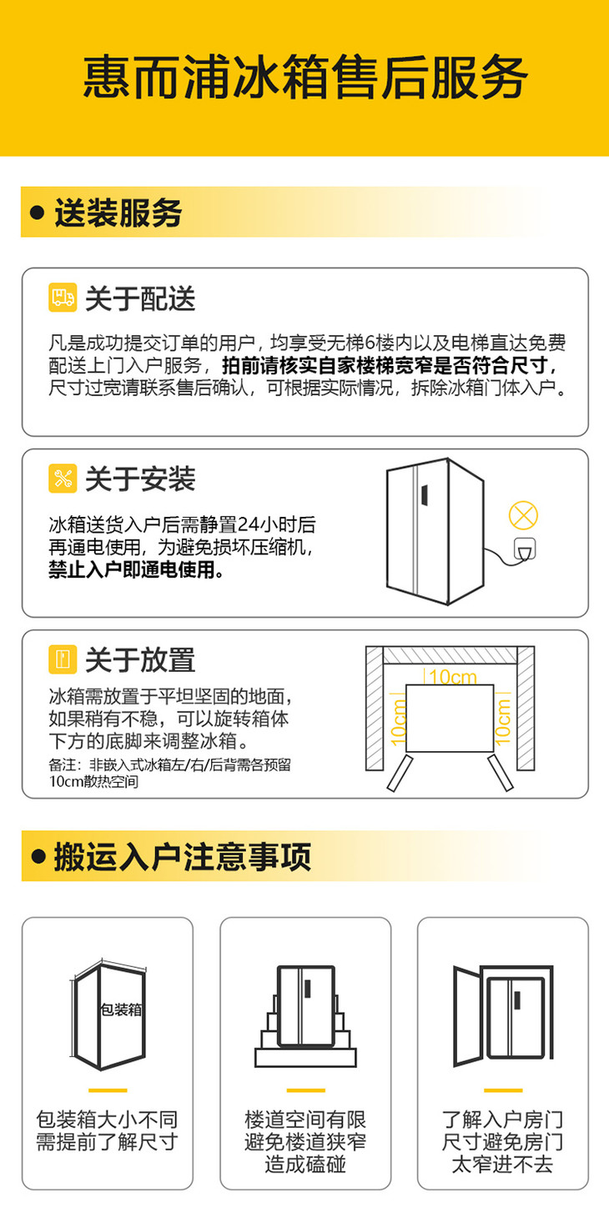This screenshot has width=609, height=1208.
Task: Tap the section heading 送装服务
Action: tap(118, 213)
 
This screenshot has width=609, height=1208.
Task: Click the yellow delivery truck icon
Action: tap(63, 297)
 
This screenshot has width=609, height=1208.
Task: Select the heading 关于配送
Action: tap(140, 298)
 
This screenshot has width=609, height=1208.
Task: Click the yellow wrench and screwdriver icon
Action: tap(63, 479)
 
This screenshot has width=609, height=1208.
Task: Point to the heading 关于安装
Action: tap(140, 479)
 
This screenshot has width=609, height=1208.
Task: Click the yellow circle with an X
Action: tap(523, 515)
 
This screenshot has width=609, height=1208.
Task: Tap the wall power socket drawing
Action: tap(524, 549)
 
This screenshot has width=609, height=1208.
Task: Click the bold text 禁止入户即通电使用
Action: tap(136, 569)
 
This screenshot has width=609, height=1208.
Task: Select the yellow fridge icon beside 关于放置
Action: tap(63, 659)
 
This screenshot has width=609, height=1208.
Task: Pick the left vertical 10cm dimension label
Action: tap(398, 723)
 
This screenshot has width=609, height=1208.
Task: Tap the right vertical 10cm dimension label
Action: tap(502, 722)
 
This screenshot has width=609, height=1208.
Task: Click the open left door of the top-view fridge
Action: tap(400, 774)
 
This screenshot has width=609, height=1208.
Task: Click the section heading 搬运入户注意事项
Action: tap(183, 857)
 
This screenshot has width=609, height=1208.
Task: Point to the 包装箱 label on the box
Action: tap(121, 1009)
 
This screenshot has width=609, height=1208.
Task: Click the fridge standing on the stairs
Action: tap(306, 1006)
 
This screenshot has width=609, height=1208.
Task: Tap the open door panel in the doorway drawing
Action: tap(467, 1016)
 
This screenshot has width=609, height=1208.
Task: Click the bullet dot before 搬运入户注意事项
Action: tap(38, 856)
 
